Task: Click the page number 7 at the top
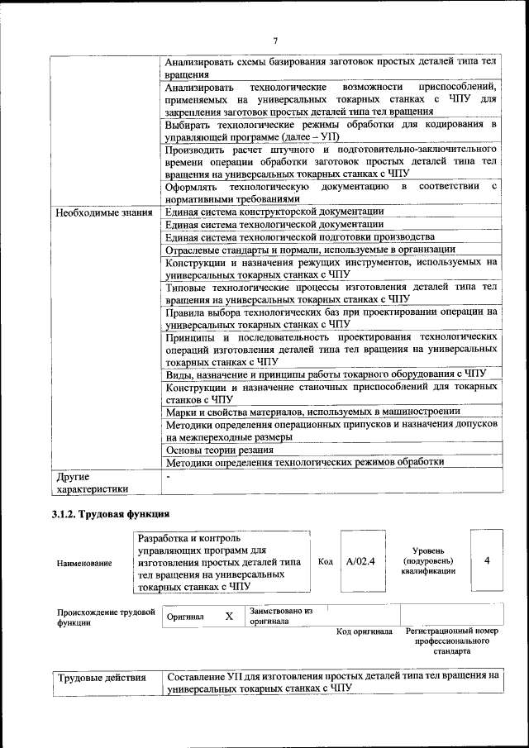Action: [x=275, y=40]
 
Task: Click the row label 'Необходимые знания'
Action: [x=104, y=212]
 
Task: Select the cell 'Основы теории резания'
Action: [x=220, y=450]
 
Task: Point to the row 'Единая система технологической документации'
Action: [x=274, y=225]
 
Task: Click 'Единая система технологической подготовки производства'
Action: [x=299, y=237]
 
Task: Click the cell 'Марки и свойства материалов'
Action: [x=312, y=411]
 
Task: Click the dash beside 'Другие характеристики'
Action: [x=169, y=477]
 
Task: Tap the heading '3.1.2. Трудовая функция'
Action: [x=111, y=515]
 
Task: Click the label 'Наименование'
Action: [x=84, y=563]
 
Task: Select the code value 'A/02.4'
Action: [x=360, y=561]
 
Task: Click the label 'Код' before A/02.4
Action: [x=326, y=562]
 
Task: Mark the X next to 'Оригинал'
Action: [x=229, y=616]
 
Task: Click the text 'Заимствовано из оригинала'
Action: [x=281, y=617]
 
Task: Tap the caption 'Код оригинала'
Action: [x=365, y=632]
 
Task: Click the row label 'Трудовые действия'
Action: [x=101, y=679]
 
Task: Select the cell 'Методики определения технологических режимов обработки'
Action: [x=305, y=463]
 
